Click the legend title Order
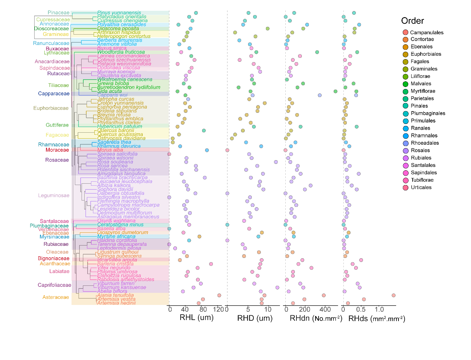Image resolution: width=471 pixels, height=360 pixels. (412, 21)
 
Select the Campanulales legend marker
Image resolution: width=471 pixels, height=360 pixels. (406, 32)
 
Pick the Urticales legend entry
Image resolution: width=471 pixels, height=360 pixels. (421, 187)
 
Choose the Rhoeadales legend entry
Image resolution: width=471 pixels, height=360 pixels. (425, 143)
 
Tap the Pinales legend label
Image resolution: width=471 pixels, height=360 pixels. (419, 106)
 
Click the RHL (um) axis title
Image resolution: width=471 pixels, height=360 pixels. (196, 318)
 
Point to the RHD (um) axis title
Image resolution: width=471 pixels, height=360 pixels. (255, 318)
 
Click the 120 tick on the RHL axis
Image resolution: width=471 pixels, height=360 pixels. (219, 309)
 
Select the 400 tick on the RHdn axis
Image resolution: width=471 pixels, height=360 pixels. (325, 309)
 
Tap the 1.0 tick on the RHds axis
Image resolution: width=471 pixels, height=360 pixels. (379, 309)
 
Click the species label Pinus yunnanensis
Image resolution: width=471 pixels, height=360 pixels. (119, 13)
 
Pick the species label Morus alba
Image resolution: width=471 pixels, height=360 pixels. (110, 150)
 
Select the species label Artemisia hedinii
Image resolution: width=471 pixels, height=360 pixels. (116, 303)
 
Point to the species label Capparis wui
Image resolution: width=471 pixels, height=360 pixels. (112, 95)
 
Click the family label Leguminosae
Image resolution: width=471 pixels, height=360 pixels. (54, 195)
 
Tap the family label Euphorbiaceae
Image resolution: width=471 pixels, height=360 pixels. (51, 108)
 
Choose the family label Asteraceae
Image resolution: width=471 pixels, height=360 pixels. (56, 297)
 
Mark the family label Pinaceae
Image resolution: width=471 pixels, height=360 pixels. (58, 13)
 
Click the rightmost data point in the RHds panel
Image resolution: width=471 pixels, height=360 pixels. (393, 296)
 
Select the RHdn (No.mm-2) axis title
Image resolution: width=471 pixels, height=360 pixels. (316, 318)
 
